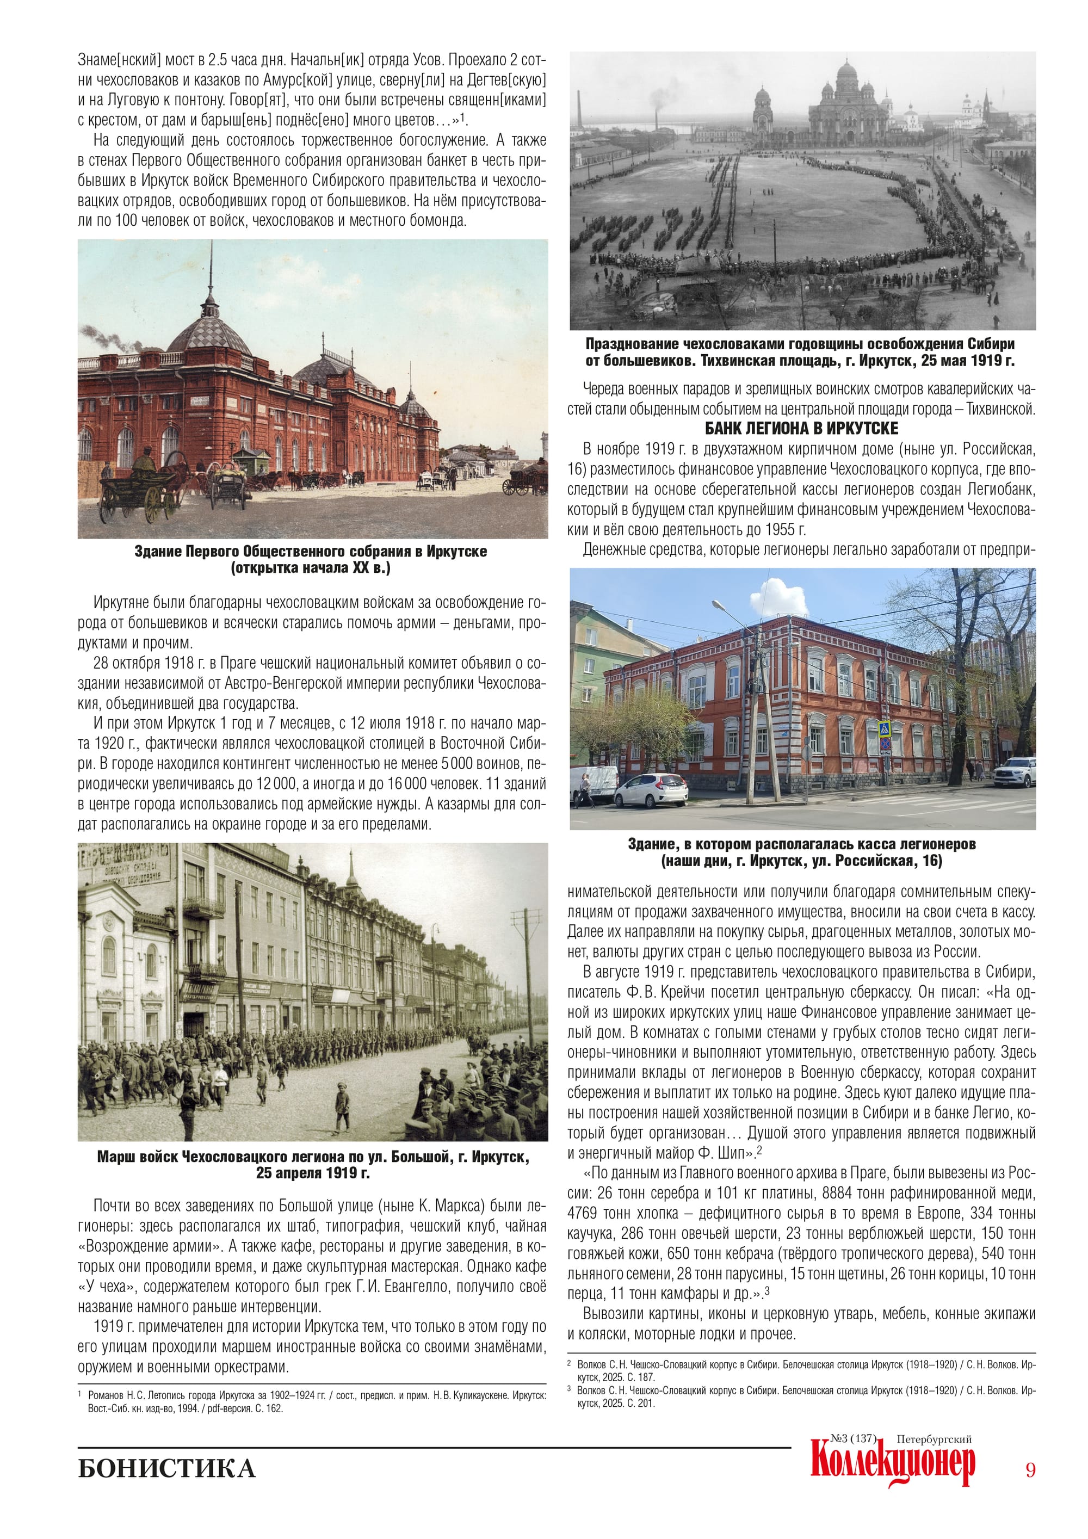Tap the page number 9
click(x=1030, y=1469)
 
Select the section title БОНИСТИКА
click(x=166, y=1468)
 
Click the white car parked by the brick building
click(x=650, y=789)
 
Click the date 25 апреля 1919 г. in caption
click(x=312, y=1173)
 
